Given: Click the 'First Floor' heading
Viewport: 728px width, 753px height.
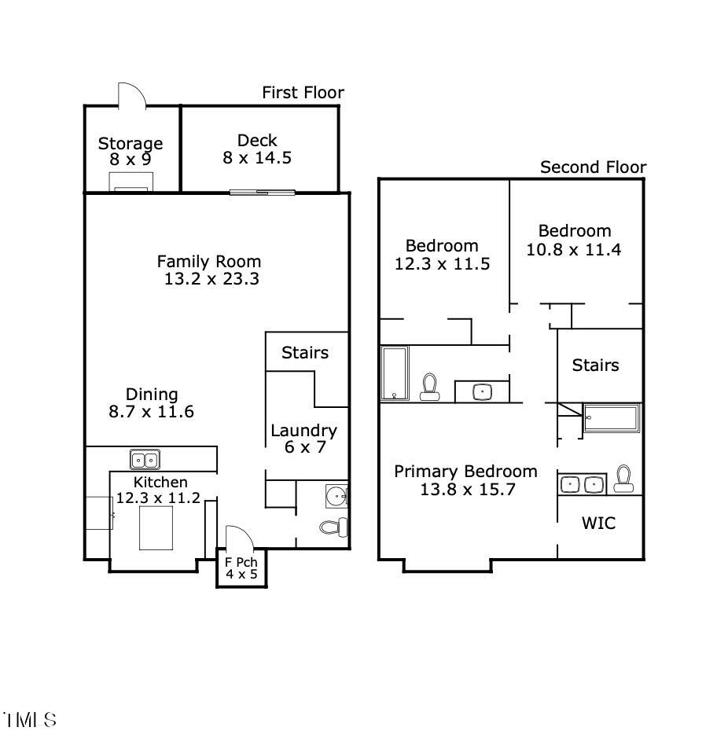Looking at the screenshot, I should (303, 93).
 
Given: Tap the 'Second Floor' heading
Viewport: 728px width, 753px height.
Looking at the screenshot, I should (593, 167).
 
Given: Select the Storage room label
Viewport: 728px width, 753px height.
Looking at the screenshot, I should (131, 143).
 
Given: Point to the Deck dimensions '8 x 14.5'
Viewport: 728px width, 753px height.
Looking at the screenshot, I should (257, 157).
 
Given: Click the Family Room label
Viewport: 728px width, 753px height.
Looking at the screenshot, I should (209, 261).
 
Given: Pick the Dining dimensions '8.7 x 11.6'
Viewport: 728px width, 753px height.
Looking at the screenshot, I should (151, 411).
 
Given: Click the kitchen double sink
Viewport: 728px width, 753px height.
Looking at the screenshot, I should (145, 459).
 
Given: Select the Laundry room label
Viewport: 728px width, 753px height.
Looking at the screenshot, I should (303, 430).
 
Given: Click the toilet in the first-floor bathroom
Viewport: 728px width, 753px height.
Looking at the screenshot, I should (334, 527).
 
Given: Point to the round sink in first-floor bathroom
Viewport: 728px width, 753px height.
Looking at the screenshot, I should (336, 496).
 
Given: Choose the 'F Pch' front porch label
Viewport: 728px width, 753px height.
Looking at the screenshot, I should (241, 562).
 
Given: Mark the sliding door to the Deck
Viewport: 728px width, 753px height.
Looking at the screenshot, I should (263, 192).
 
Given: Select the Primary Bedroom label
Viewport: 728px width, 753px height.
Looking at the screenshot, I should (465, 471).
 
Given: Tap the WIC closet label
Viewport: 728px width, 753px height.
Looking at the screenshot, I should (598, 523).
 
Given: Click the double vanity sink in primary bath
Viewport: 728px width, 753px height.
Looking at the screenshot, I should (583, 484).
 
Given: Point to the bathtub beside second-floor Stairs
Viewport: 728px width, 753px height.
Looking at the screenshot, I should (612, 418).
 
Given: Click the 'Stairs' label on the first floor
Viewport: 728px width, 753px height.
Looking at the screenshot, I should (305, 352).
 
